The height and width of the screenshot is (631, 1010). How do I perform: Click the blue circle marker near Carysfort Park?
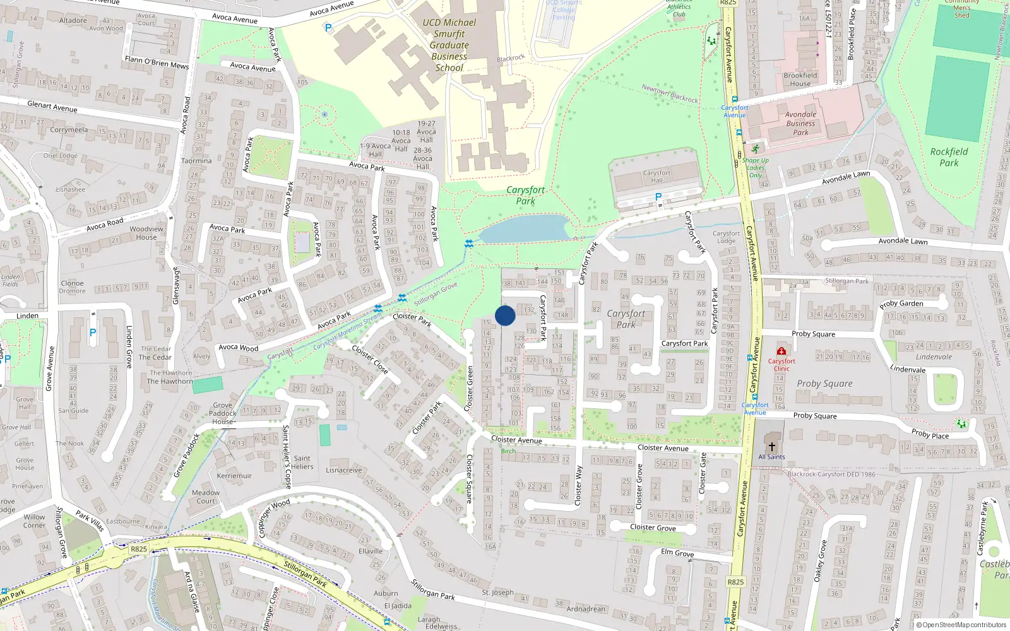pos(505,315)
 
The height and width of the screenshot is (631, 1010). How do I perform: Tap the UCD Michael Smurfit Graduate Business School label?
pos(449,45)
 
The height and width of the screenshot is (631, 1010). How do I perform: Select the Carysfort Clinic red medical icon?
pos(781,351)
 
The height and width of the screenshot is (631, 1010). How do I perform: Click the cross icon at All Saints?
pos(771,446)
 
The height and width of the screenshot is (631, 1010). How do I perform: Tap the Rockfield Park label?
pos(949,157)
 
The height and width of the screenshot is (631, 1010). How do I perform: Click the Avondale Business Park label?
pos(800,124)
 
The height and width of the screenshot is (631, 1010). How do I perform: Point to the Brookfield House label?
pos(800,80)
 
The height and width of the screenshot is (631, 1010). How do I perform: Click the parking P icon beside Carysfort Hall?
pos(658,197)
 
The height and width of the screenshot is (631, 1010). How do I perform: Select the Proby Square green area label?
pos(824,384)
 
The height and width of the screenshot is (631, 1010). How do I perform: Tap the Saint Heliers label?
pos(302,463)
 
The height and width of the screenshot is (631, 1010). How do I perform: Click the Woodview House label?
pos(146,233)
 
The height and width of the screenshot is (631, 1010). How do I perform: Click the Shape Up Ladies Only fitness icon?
pos(755,149)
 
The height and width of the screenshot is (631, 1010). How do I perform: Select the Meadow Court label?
pos(206,497)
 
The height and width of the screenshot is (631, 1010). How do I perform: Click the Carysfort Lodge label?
pos(726,237)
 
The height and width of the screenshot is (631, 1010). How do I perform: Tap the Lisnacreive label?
pos(344,470)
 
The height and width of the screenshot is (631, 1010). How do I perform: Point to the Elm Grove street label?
pos(677,553)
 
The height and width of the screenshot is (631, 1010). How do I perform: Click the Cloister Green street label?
pos(469,389)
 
